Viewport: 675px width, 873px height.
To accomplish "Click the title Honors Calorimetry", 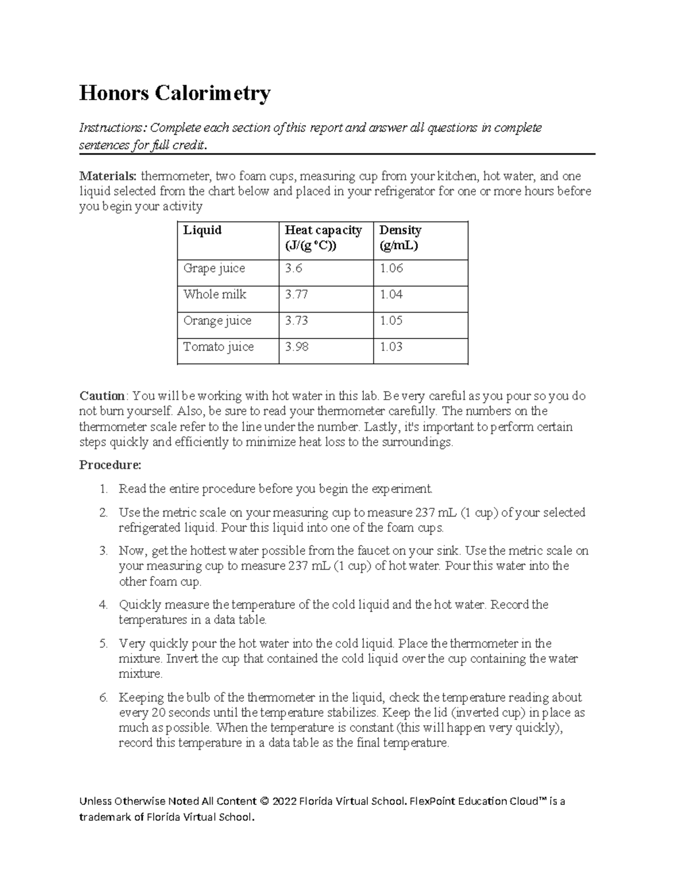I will (174, 93).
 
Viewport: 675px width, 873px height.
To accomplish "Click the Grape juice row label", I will (214, 269).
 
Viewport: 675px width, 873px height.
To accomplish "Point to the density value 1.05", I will (391, 321).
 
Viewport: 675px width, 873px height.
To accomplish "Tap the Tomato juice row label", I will (218, 347).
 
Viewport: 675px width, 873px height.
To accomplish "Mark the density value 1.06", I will (391, 269).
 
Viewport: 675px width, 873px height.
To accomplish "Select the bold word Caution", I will (102, 396).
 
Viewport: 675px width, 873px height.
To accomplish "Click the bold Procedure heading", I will (110, 465).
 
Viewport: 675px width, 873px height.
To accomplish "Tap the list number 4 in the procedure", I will (103, 605).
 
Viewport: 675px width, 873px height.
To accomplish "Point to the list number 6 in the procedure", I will (103, 698).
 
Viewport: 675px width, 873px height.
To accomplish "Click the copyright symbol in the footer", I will (263, 801).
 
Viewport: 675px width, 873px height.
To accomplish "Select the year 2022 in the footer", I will (283, 801).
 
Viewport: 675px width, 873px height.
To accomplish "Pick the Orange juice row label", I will (217, 321).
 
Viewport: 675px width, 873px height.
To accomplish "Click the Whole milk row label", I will (214, 295).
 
